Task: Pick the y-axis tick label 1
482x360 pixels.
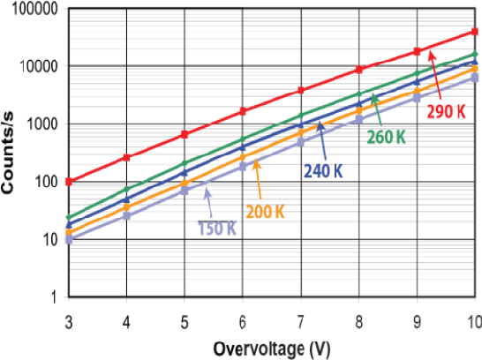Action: (54, 297)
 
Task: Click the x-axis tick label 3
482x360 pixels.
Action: (68, 318)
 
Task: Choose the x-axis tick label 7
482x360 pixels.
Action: (300, 318)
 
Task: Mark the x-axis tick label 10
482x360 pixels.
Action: (473, 318)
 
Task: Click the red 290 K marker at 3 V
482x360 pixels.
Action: (69, 182)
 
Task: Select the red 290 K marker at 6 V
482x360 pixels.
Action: (243, 111)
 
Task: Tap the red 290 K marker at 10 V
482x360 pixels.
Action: (475, 33)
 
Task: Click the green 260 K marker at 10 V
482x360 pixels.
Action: (475, 55)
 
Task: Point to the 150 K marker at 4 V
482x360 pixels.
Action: (127, 215)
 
